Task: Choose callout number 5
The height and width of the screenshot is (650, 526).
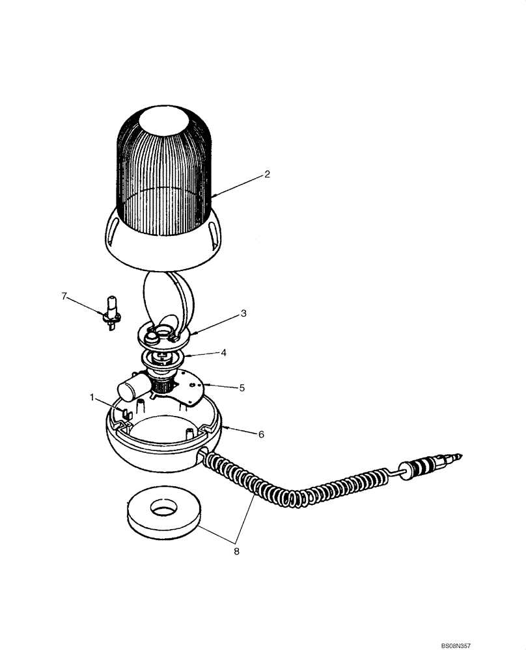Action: coord(242,387)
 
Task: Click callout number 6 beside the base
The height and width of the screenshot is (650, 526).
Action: coord(261,434)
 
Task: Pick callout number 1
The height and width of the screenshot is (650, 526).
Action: coord(92,395)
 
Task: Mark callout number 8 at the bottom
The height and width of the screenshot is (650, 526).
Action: coord(236,551)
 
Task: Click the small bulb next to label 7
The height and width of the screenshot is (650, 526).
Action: coord(111,311)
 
